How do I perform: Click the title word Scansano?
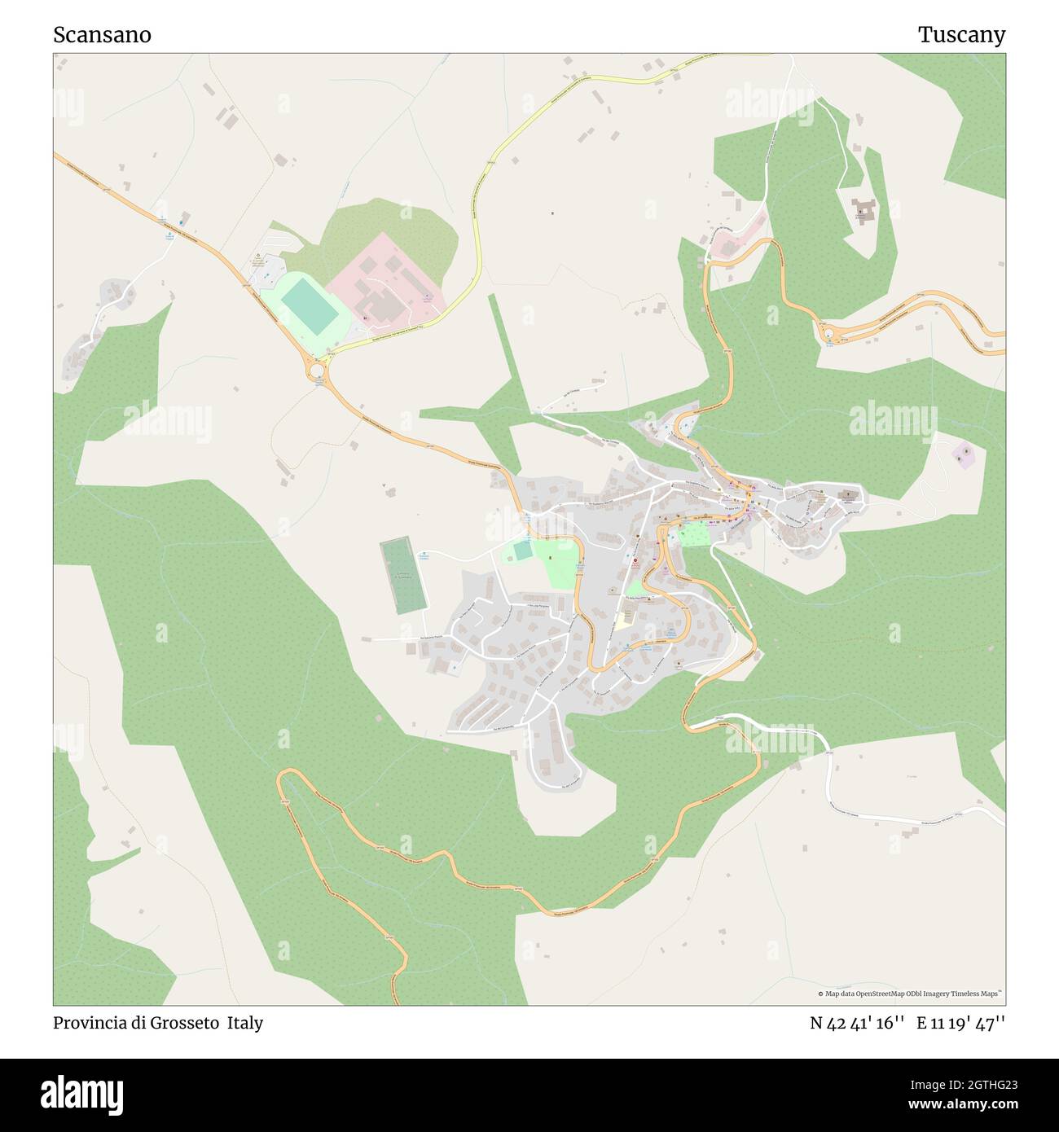click(x=102, y=35)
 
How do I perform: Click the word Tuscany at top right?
click(x=961, y=35)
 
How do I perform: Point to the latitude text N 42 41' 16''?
click(x=857, y=1023)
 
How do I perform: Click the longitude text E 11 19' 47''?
click(x=961, y=1023)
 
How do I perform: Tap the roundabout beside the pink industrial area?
click(x=316, y=371)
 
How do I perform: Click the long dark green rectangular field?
click(x=403, y=576)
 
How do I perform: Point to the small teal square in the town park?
click(x=522, y=550)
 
